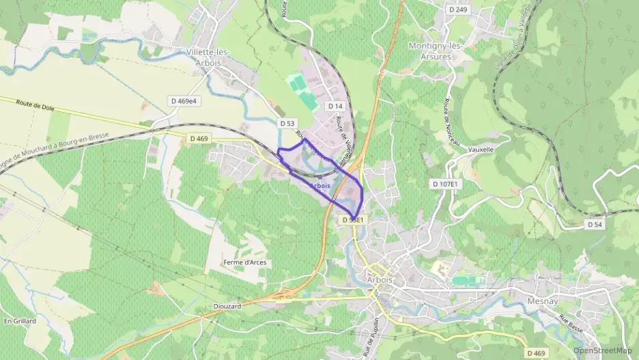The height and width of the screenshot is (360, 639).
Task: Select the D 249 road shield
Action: pyautogui.click(x=459, y=10)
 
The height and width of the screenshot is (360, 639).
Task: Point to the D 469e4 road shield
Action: pyautogui.click(x=184, y=100)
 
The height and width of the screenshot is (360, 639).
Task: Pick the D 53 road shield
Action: pyautogui.click(x=287, y=123)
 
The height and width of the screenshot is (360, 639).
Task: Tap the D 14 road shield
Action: pyautogui.click(x=335, y=106)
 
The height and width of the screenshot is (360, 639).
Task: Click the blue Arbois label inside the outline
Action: pyautogui.click(x=320, y=186)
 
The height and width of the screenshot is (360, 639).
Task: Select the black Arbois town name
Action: pyautogui.click(x=380, y=280)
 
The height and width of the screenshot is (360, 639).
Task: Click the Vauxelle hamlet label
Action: pyautogui.click(x=481, y=148)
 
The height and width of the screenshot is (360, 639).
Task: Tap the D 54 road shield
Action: pyautogui.click(x=594, y=224)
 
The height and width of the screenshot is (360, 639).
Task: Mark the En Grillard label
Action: pyautogui.click(x=19, y=320)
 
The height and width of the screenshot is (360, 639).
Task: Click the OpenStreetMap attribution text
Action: pyautogui.click(x=602, y=350)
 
